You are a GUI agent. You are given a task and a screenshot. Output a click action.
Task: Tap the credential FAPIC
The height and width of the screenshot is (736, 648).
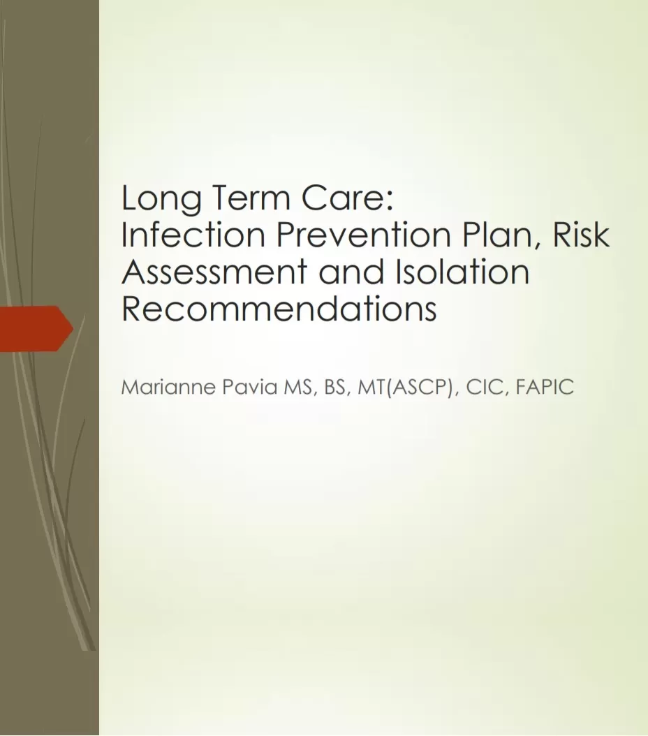point(545,388)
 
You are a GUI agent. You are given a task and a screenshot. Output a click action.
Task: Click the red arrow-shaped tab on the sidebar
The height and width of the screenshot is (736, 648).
point(35,327)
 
